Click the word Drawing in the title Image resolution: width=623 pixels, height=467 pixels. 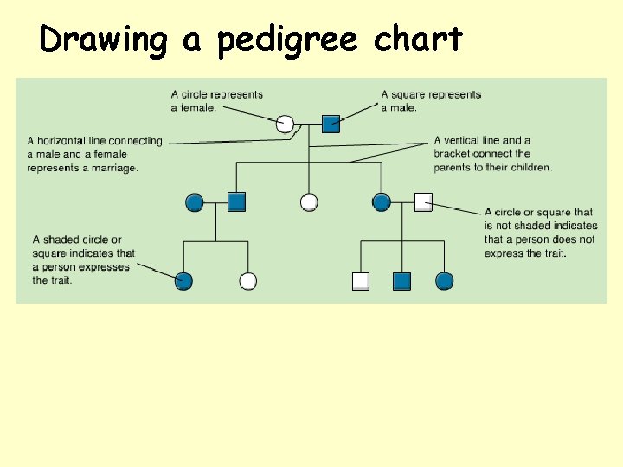(x=103, y=40)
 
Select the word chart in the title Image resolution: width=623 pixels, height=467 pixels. (x=419, y=40)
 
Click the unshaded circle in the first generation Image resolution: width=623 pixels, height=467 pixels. (x=286, y=124)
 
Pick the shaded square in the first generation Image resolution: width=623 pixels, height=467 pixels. (x=331, y=124)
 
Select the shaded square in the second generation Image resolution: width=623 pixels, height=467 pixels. (x=237, y=202)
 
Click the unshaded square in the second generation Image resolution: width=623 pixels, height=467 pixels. (x=423, y=202)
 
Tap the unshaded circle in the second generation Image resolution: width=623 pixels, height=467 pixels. (x=309, y=202)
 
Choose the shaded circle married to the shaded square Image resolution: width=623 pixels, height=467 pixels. (x=195, y=202)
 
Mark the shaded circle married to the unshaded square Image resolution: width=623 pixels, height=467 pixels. (x=382, y=202)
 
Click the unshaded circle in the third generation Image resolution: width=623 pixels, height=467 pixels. (x=248, y=281)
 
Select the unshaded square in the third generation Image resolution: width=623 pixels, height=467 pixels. (x=361, y=281)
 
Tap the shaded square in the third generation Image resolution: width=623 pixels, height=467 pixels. (x=401, y=281)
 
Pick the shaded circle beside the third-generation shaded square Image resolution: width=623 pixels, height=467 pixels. (x=445, y=281)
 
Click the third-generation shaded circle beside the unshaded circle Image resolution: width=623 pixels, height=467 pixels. (x=183, y=281)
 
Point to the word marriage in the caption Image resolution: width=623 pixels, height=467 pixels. (x=116, y=168)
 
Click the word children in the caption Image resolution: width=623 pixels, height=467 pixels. (x=527, y=167)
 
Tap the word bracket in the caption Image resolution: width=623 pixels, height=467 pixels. (x=454, y=154)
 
